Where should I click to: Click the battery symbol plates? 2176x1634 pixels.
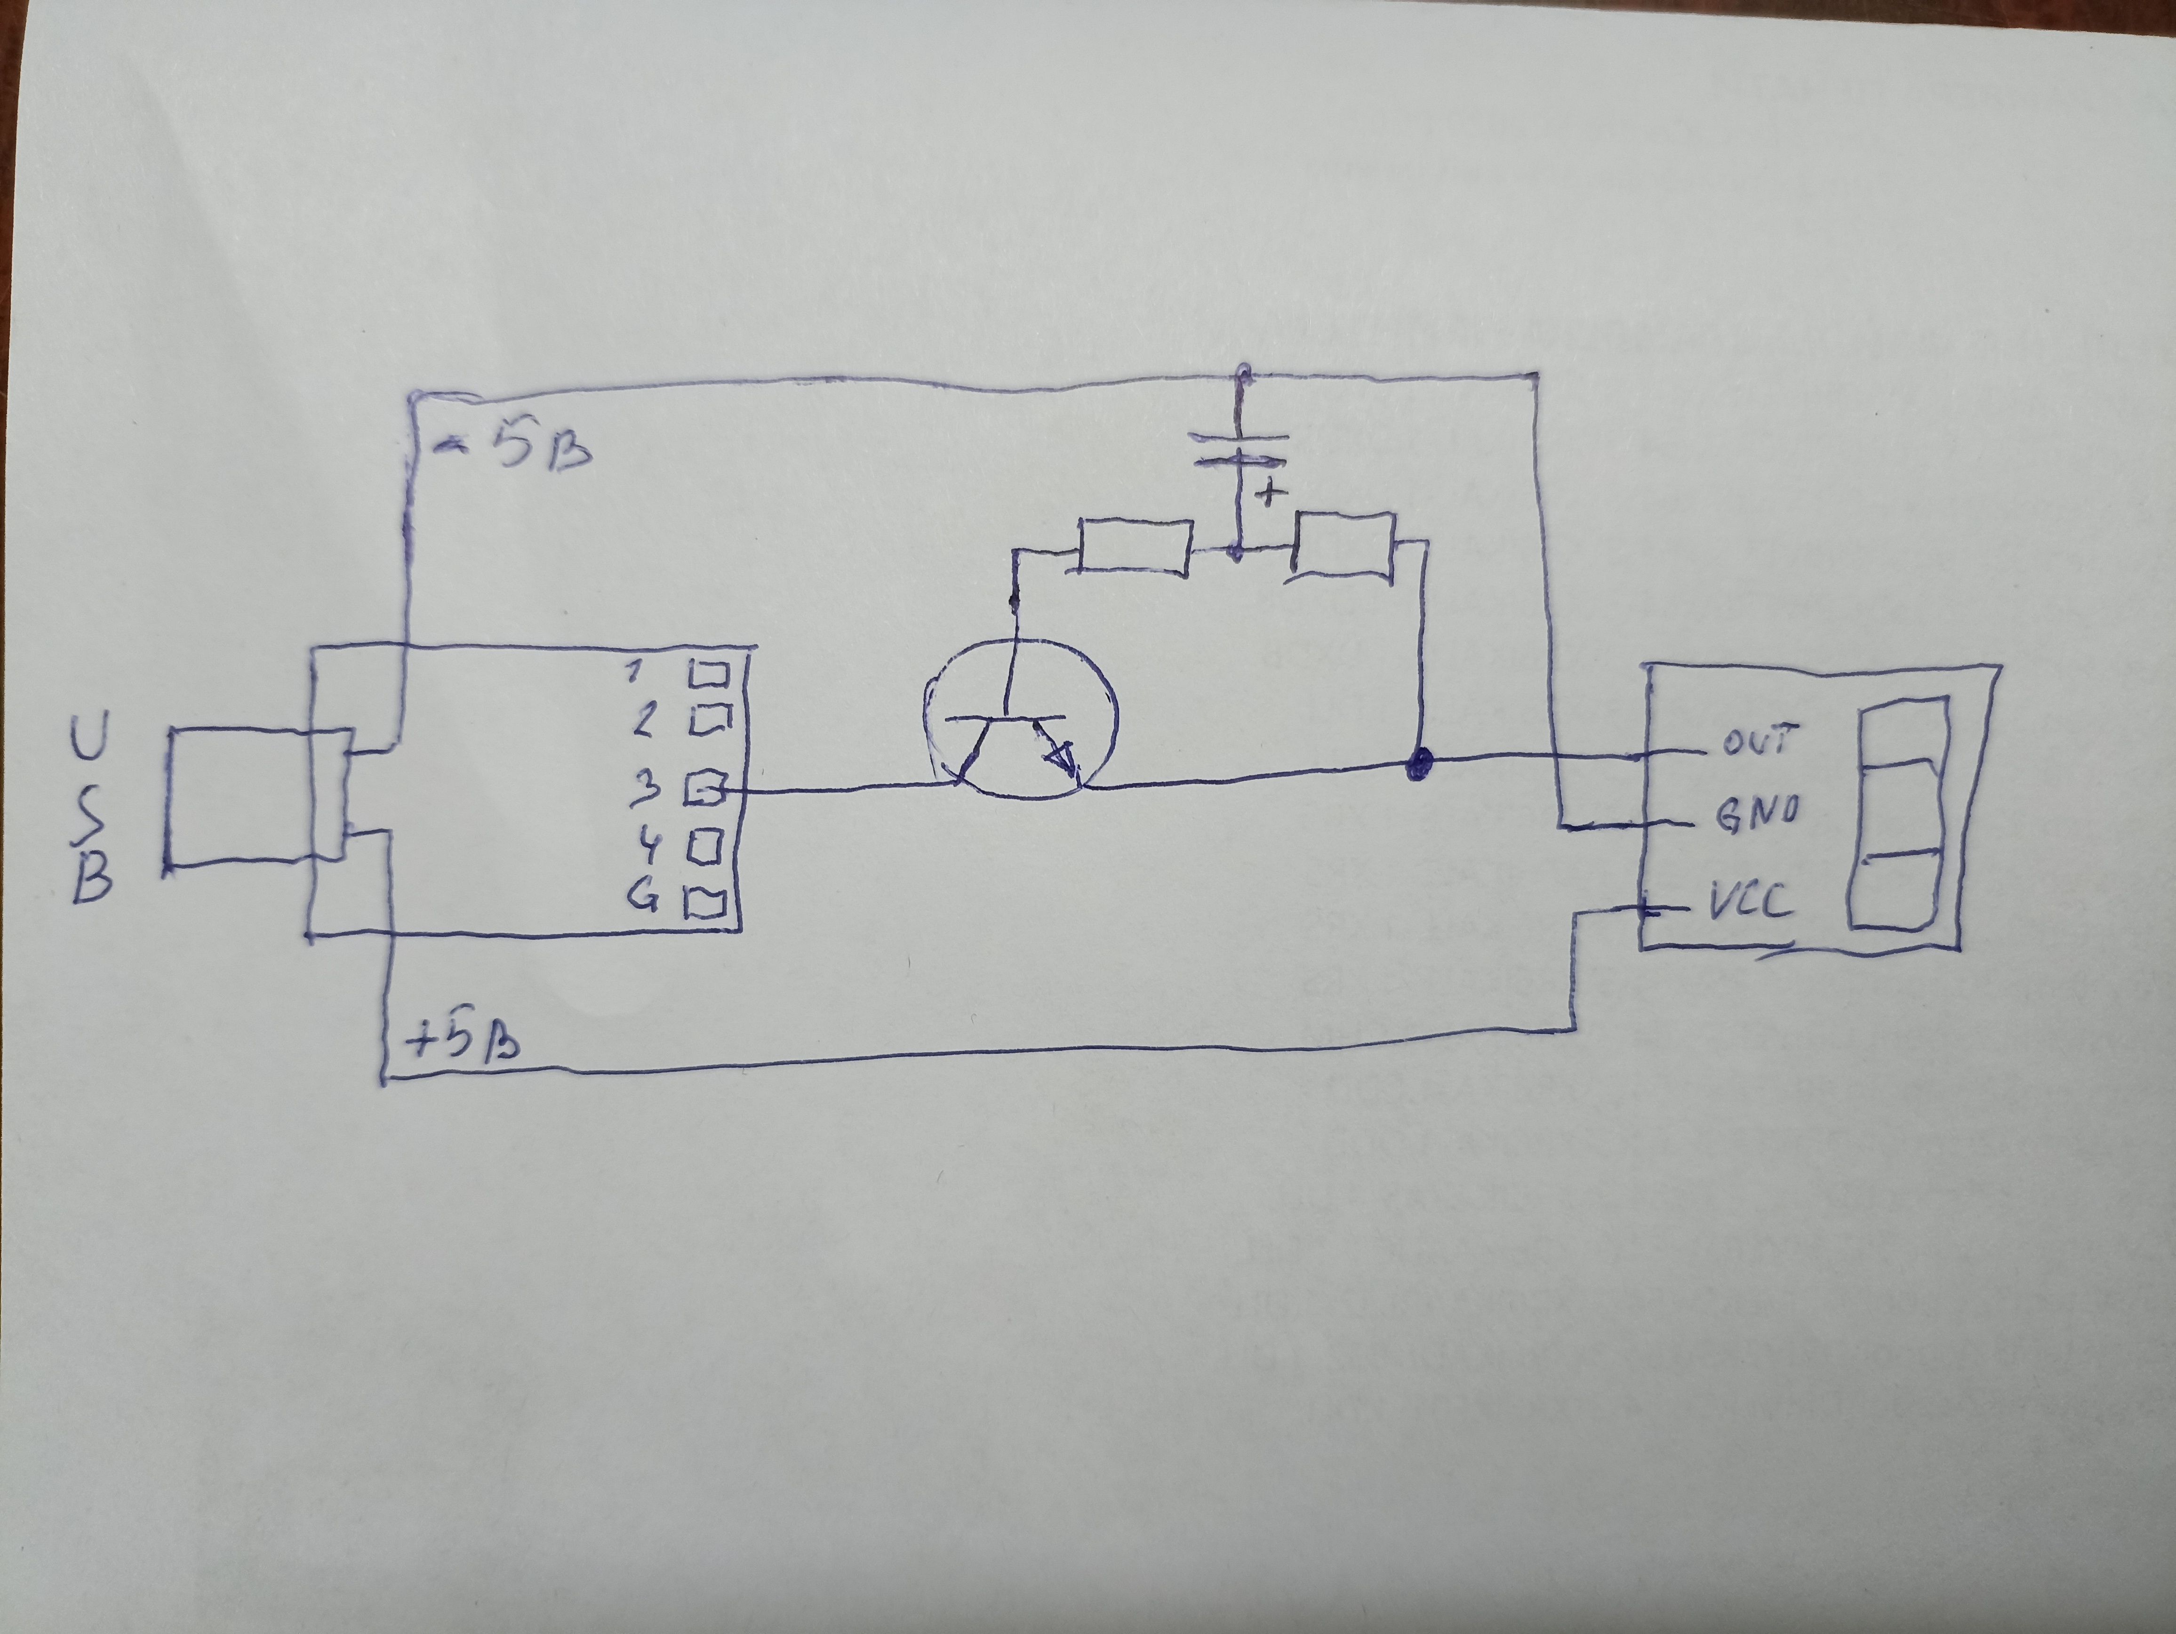coord(1240,448)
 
